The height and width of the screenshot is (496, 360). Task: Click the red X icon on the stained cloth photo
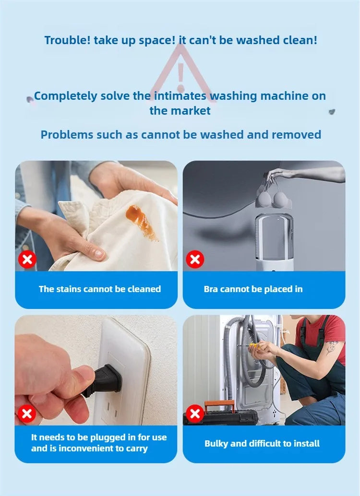tap(27, 260)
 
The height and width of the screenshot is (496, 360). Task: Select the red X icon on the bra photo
tap(195, 260)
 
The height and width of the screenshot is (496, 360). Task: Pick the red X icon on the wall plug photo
tap(26, 413)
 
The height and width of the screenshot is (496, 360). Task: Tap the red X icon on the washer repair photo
tap(195, 413)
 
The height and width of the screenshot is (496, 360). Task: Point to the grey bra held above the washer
tap(274, 196)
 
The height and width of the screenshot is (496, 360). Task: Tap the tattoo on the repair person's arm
tap(332, 347)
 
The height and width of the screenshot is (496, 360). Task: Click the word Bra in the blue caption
tap(211, 289)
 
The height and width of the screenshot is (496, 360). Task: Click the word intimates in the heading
tap(180, 96)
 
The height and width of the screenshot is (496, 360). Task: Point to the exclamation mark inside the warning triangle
tap(181, 78)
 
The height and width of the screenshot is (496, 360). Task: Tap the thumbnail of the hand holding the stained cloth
tap(96, 216)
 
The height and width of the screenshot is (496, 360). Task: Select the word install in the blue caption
tap(307, 444)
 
